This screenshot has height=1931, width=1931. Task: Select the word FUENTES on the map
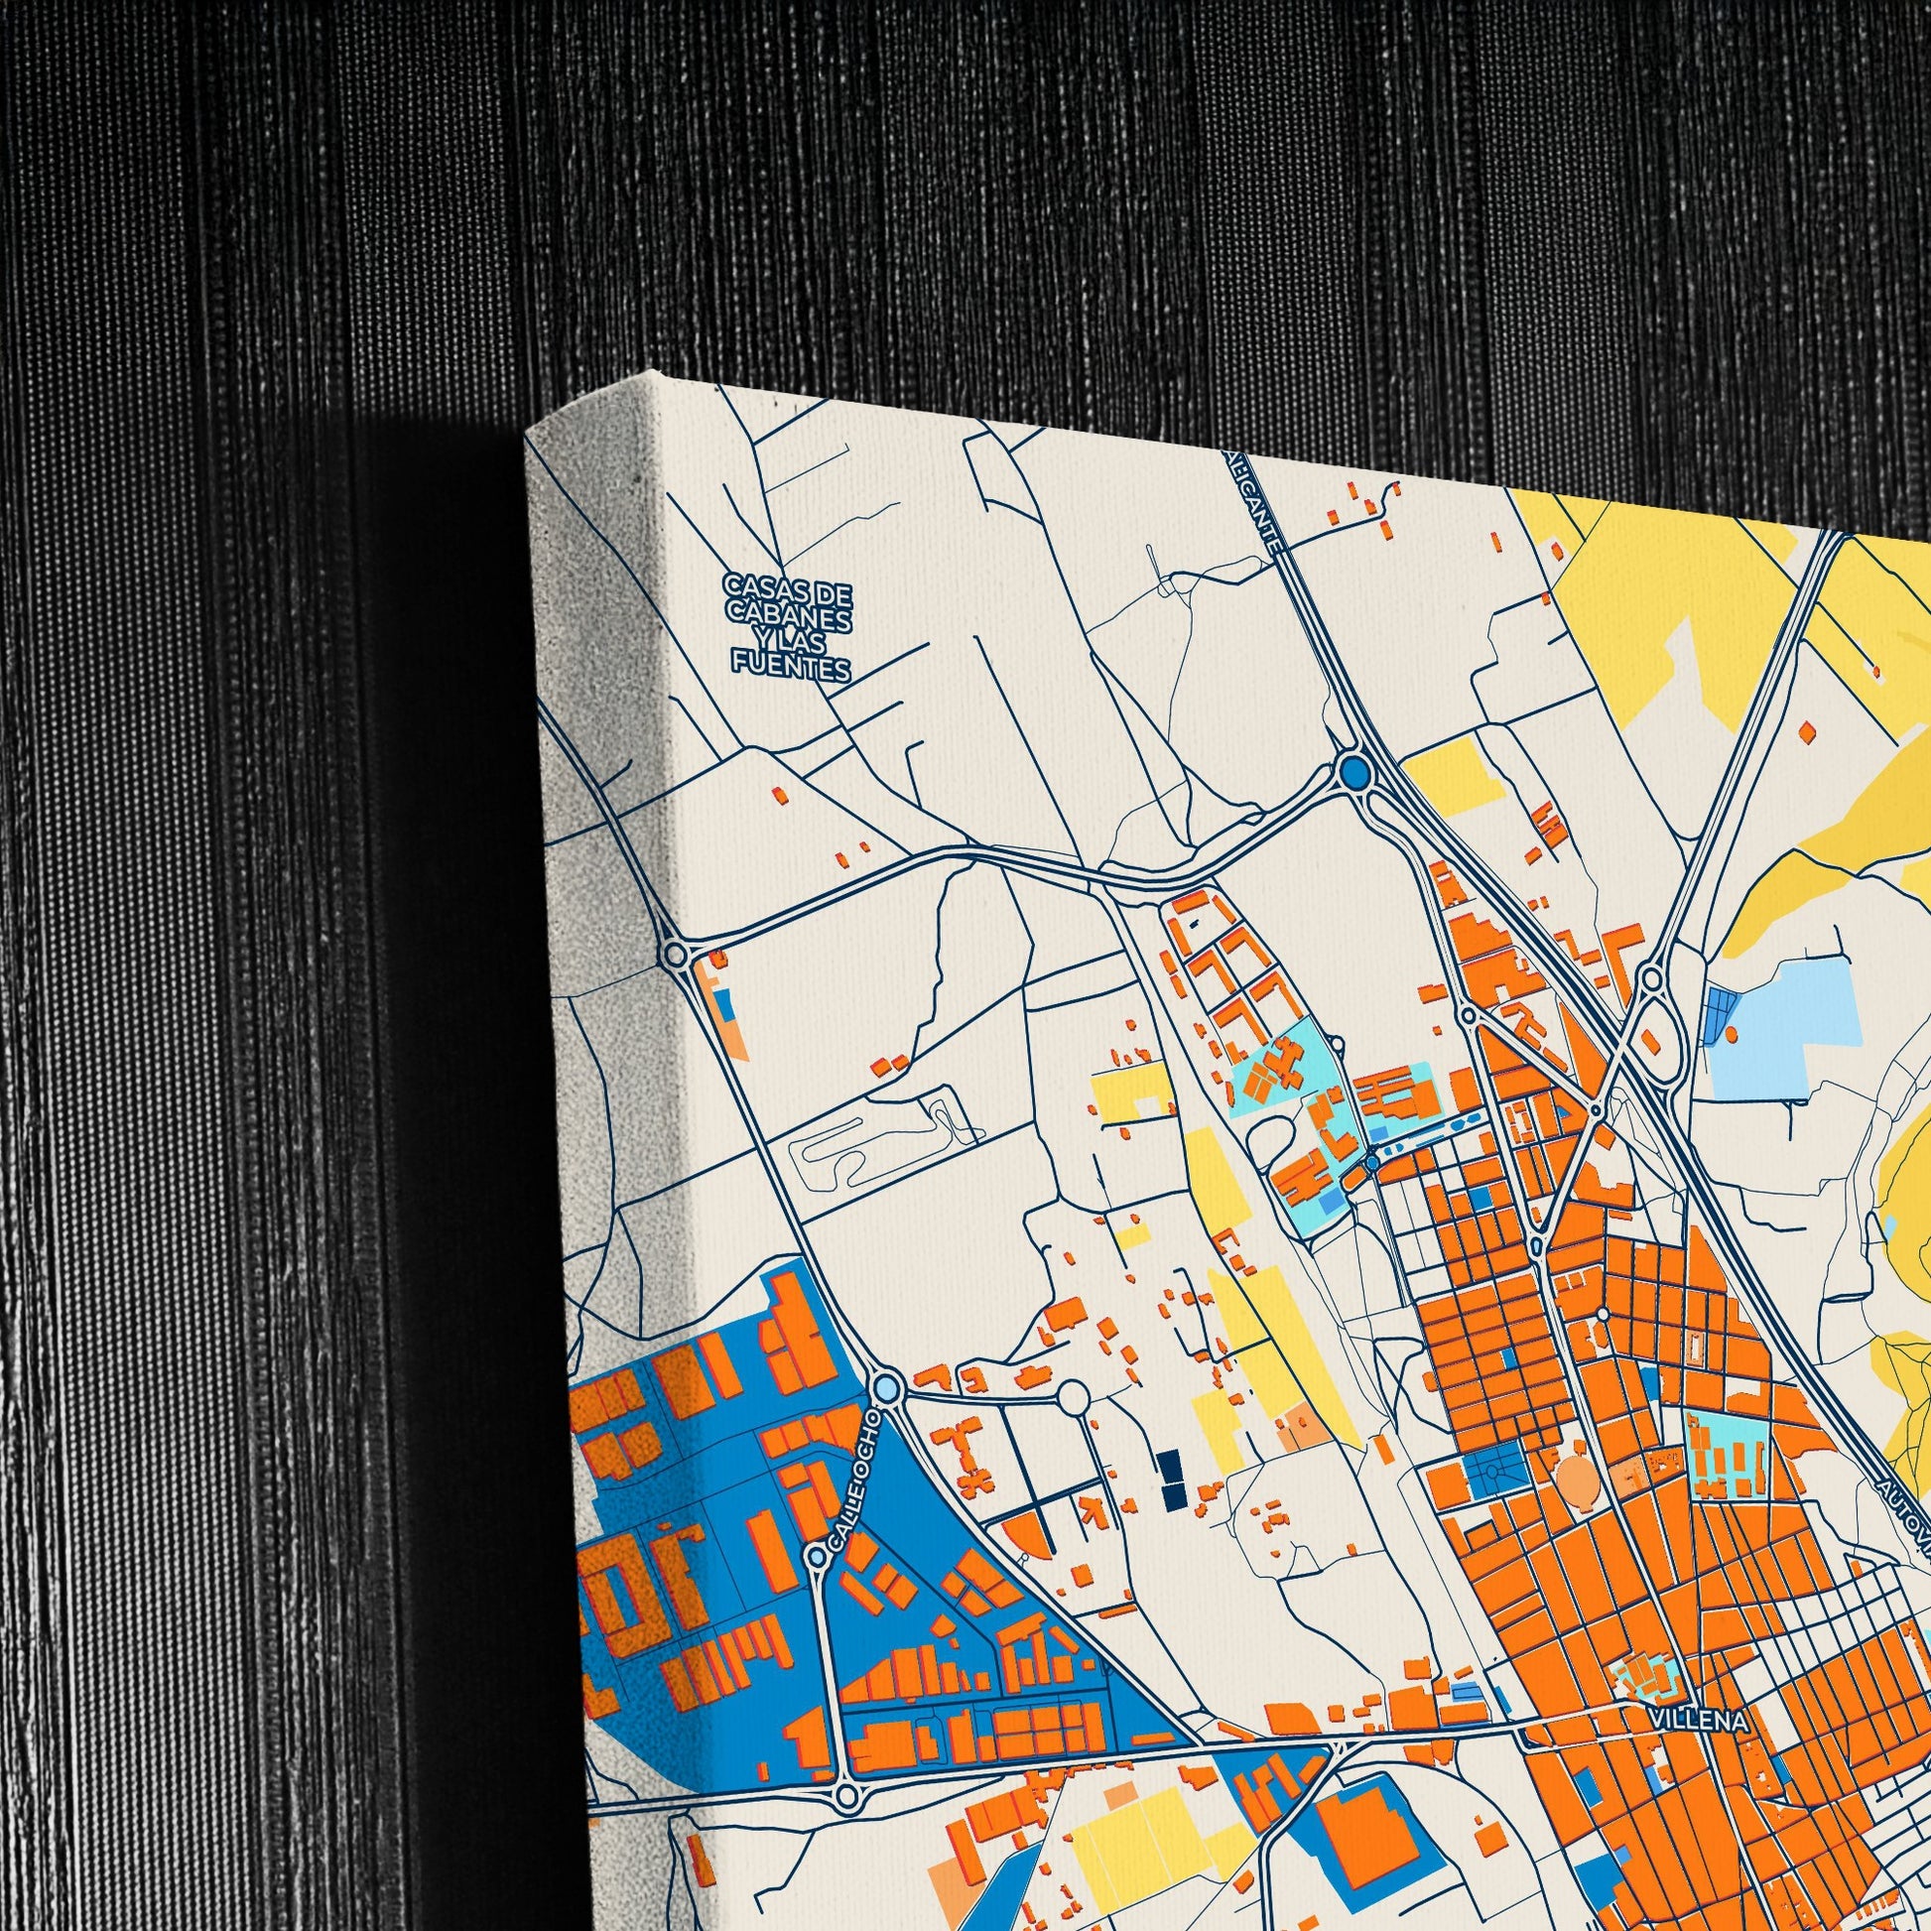[x=792, y=665]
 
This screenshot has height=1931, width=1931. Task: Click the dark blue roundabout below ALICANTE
[x=1355, y=772]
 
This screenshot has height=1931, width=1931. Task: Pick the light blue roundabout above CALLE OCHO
[x=886, y=1388]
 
